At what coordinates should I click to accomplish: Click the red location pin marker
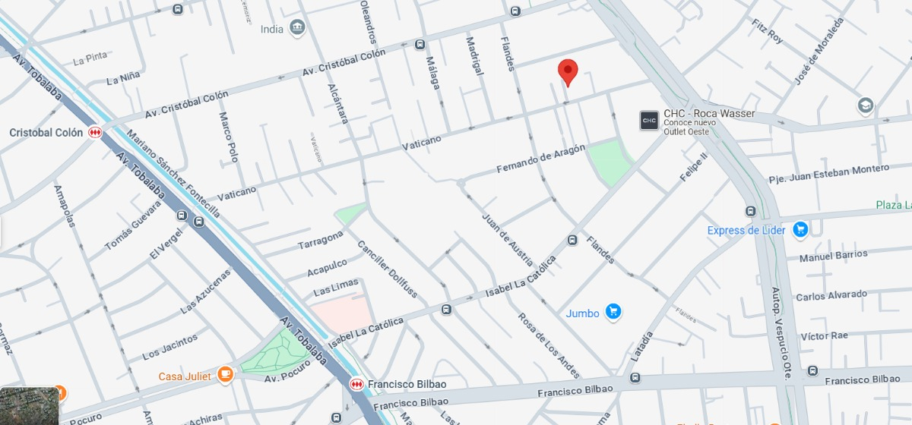pos(568,72)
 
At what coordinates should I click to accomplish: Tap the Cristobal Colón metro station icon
pos(95,132)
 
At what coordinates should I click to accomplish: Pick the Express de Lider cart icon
pos(800,229)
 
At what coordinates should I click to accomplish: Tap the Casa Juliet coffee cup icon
pos(225,374)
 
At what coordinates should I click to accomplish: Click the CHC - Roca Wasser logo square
pos(649,120)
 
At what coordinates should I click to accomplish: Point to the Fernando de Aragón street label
pos(540,158)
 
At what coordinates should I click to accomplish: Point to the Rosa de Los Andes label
pos(549,345)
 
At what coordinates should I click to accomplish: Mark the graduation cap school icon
pos(865,106)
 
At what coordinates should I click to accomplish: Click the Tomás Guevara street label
pos(133,228)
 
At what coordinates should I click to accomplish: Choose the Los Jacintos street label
pos(169,347)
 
